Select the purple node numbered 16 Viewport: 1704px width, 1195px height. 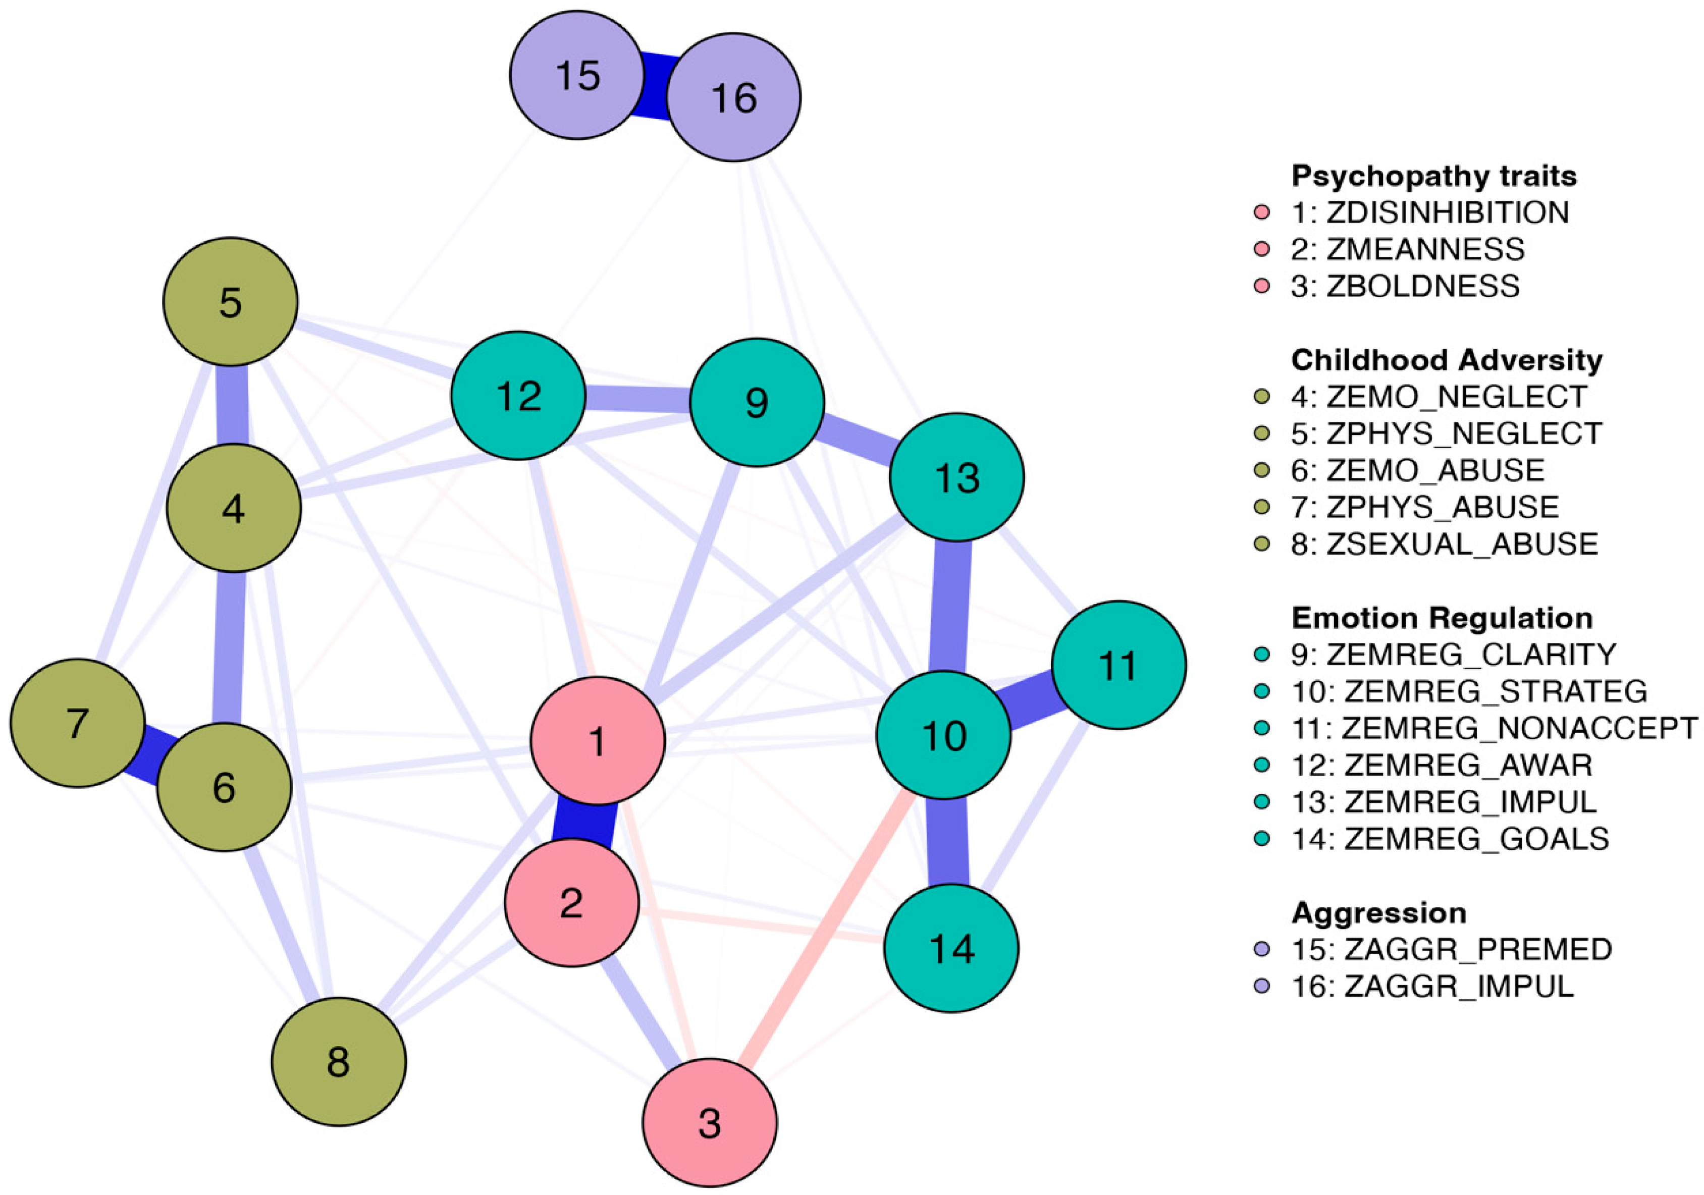pos(733,97)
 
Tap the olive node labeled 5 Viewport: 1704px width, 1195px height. pos(230,302)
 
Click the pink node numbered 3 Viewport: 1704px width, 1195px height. pos(710,1122)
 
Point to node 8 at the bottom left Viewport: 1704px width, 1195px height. pos(338,1061)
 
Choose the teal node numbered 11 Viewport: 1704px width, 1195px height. pos(1119,665)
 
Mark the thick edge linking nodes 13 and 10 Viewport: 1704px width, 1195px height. pos(951,606)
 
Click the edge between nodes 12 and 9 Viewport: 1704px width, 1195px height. pos(637,399)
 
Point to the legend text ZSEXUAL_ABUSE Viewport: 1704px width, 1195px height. pos(1461,544)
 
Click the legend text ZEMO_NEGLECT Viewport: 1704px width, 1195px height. pos(1456,397)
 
